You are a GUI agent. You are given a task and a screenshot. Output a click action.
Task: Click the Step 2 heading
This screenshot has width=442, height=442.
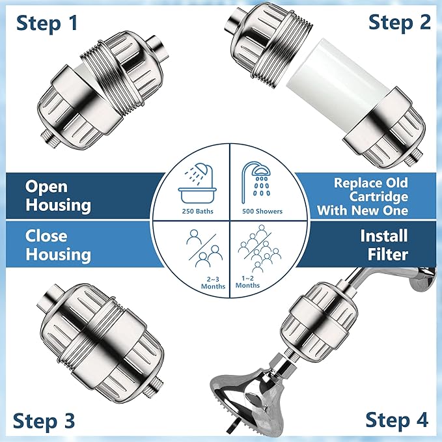point(399,22)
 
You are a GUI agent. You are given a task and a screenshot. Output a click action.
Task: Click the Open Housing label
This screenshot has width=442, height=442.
point(58,195)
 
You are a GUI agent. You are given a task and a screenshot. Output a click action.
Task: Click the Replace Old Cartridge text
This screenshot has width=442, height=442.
point(370,196)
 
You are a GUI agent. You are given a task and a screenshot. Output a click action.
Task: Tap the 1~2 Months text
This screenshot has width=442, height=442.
point(247,282)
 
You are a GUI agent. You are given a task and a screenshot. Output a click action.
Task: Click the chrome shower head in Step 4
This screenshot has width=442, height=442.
point(250,394)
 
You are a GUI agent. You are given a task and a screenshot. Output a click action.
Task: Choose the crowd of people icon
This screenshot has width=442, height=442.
point(255,251)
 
